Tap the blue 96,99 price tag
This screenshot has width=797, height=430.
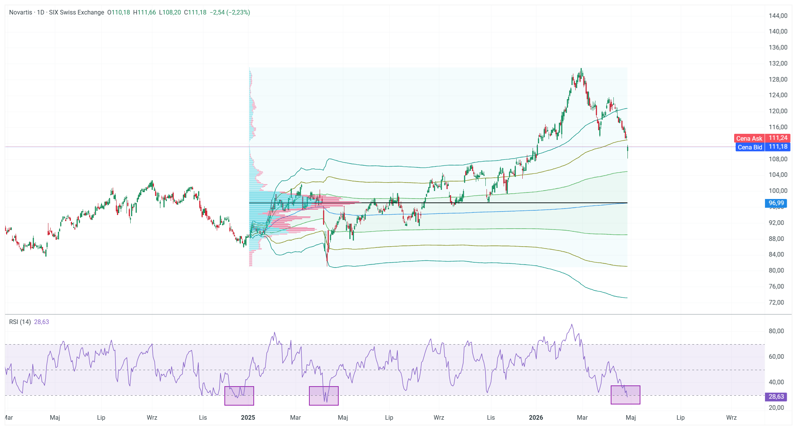click(776, 203)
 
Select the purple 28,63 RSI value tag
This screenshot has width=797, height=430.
click(776, 397)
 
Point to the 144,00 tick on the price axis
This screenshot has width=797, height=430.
click(778, 16)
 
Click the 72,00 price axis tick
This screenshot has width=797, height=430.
click(776, 302)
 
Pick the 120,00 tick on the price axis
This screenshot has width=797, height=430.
click(778, 111)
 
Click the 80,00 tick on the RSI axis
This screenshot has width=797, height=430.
click(776, 331)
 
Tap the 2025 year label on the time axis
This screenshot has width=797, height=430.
click(248, 417)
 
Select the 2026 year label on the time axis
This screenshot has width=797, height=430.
click(536, 417)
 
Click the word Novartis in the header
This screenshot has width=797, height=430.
click(21, 12)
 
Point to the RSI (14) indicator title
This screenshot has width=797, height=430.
click(20, 322)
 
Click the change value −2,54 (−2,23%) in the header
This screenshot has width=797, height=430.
click(230, 12)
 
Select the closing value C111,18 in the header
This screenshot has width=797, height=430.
click(195, 12)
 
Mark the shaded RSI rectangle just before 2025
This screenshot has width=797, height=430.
click(239, 396)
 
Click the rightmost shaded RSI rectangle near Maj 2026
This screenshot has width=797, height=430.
click(625, 395)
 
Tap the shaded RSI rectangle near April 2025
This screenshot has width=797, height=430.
click(324, 396)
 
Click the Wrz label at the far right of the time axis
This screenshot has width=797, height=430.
click(731, 417)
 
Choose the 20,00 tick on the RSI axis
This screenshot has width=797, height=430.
click(776, 408)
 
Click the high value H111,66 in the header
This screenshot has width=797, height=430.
click(144, 12)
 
